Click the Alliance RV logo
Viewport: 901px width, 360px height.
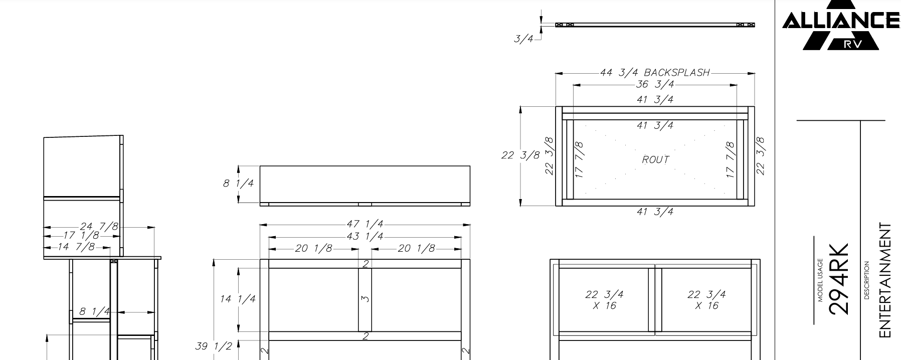point(841,25)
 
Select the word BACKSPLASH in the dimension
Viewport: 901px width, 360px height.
point(677,73)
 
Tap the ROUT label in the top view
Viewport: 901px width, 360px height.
point(655,159)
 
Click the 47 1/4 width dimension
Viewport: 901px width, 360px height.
point(365,224)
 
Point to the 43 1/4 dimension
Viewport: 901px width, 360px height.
point(365,236)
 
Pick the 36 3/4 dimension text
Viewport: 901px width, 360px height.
point(655,84)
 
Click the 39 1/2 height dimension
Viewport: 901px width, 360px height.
point(214,346)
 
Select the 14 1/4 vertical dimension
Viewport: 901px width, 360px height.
point(238,299)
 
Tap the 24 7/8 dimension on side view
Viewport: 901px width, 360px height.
point(99,227)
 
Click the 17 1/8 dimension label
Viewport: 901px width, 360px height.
point(81,236)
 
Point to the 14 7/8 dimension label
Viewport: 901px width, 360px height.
point(76,247)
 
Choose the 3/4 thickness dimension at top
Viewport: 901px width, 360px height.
point(523,39)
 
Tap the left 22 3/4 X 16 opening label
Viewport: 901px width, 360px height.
point(604,300)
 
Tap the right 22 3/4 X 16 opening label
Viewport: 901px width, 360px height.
point(706,300)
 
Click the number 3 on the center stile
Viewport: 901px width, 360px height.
point(366,299)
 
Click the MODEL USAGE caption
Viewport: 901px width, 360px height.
point(821,280)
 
